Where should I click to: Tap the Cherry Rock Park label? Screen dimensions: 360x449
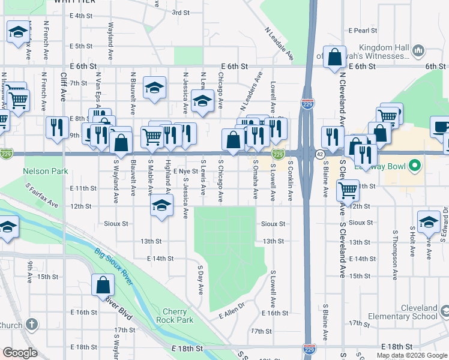point(178,316)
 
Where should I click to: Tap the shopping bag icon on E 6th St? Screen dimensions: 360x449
point(334,58)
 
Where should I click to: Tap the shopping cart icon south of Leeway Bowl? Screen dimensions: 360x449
point(348,191)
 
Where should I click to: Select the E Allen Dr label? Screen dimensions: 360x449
point(233,313)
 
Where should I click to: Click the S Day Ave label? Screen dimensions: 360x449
point(200,278)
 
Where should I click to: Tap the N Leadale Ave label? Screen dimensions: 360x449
point(279,44)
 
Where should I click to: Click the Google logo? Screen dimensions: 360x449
point(20,353)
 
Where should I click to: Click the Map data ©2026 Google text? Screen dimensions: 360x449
point(411,355)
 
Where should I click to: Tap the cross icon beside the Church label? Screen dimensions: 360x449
point(32,325)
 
